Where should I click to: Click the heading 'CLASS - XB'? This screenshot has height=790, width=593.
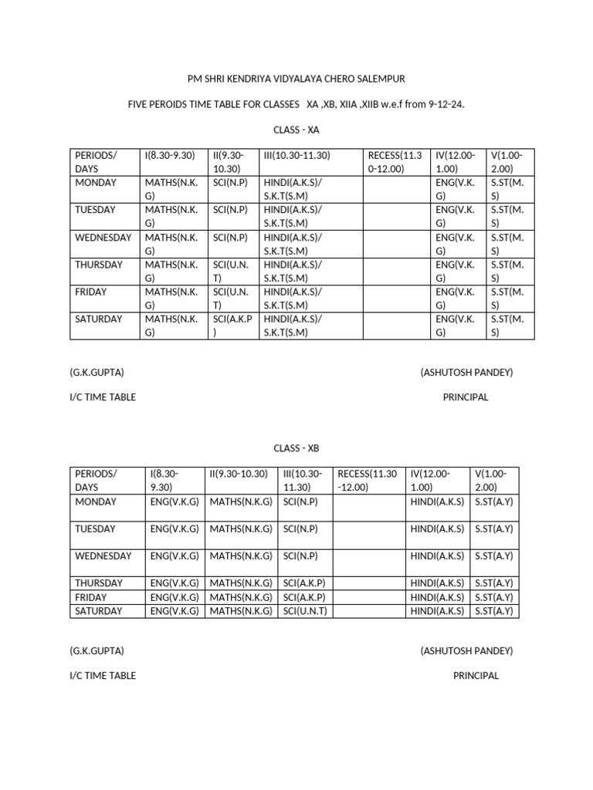coord(296,447)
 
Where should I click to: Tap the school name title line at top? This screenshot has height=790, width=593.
coord(296,79)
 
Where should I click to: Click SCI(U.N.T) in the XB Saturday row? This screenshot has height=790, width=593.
coord(306,611)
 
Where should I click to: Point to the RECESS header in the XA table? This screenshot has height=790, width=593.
coord(395,162)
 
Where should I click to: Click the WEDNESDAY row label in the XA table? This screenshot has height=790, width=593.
coord(103,238)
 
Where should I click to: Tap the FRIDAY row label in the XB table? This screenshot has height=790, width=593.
coord(91,597)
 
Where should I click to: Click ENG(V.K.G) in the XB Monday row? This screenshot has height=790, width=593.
coord(175,501)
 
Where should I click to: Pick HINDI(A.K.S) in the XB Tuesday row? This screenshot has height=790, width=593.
coord(438,529)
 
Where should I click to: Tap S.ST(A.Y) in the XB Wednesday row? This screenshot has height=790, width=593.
coord(494,556)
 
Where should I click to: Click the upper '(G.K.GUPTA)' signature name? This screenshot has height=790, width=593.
coord(97,373)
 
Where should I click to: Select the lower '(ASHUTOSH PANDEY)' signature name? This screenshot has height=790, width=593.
coord(466,651)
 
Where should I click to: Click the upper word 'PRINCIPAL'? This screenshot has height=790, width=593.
coord(466,397)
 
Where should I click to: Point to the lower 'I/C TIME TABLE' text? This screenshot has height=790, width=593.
coord(103,676)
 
